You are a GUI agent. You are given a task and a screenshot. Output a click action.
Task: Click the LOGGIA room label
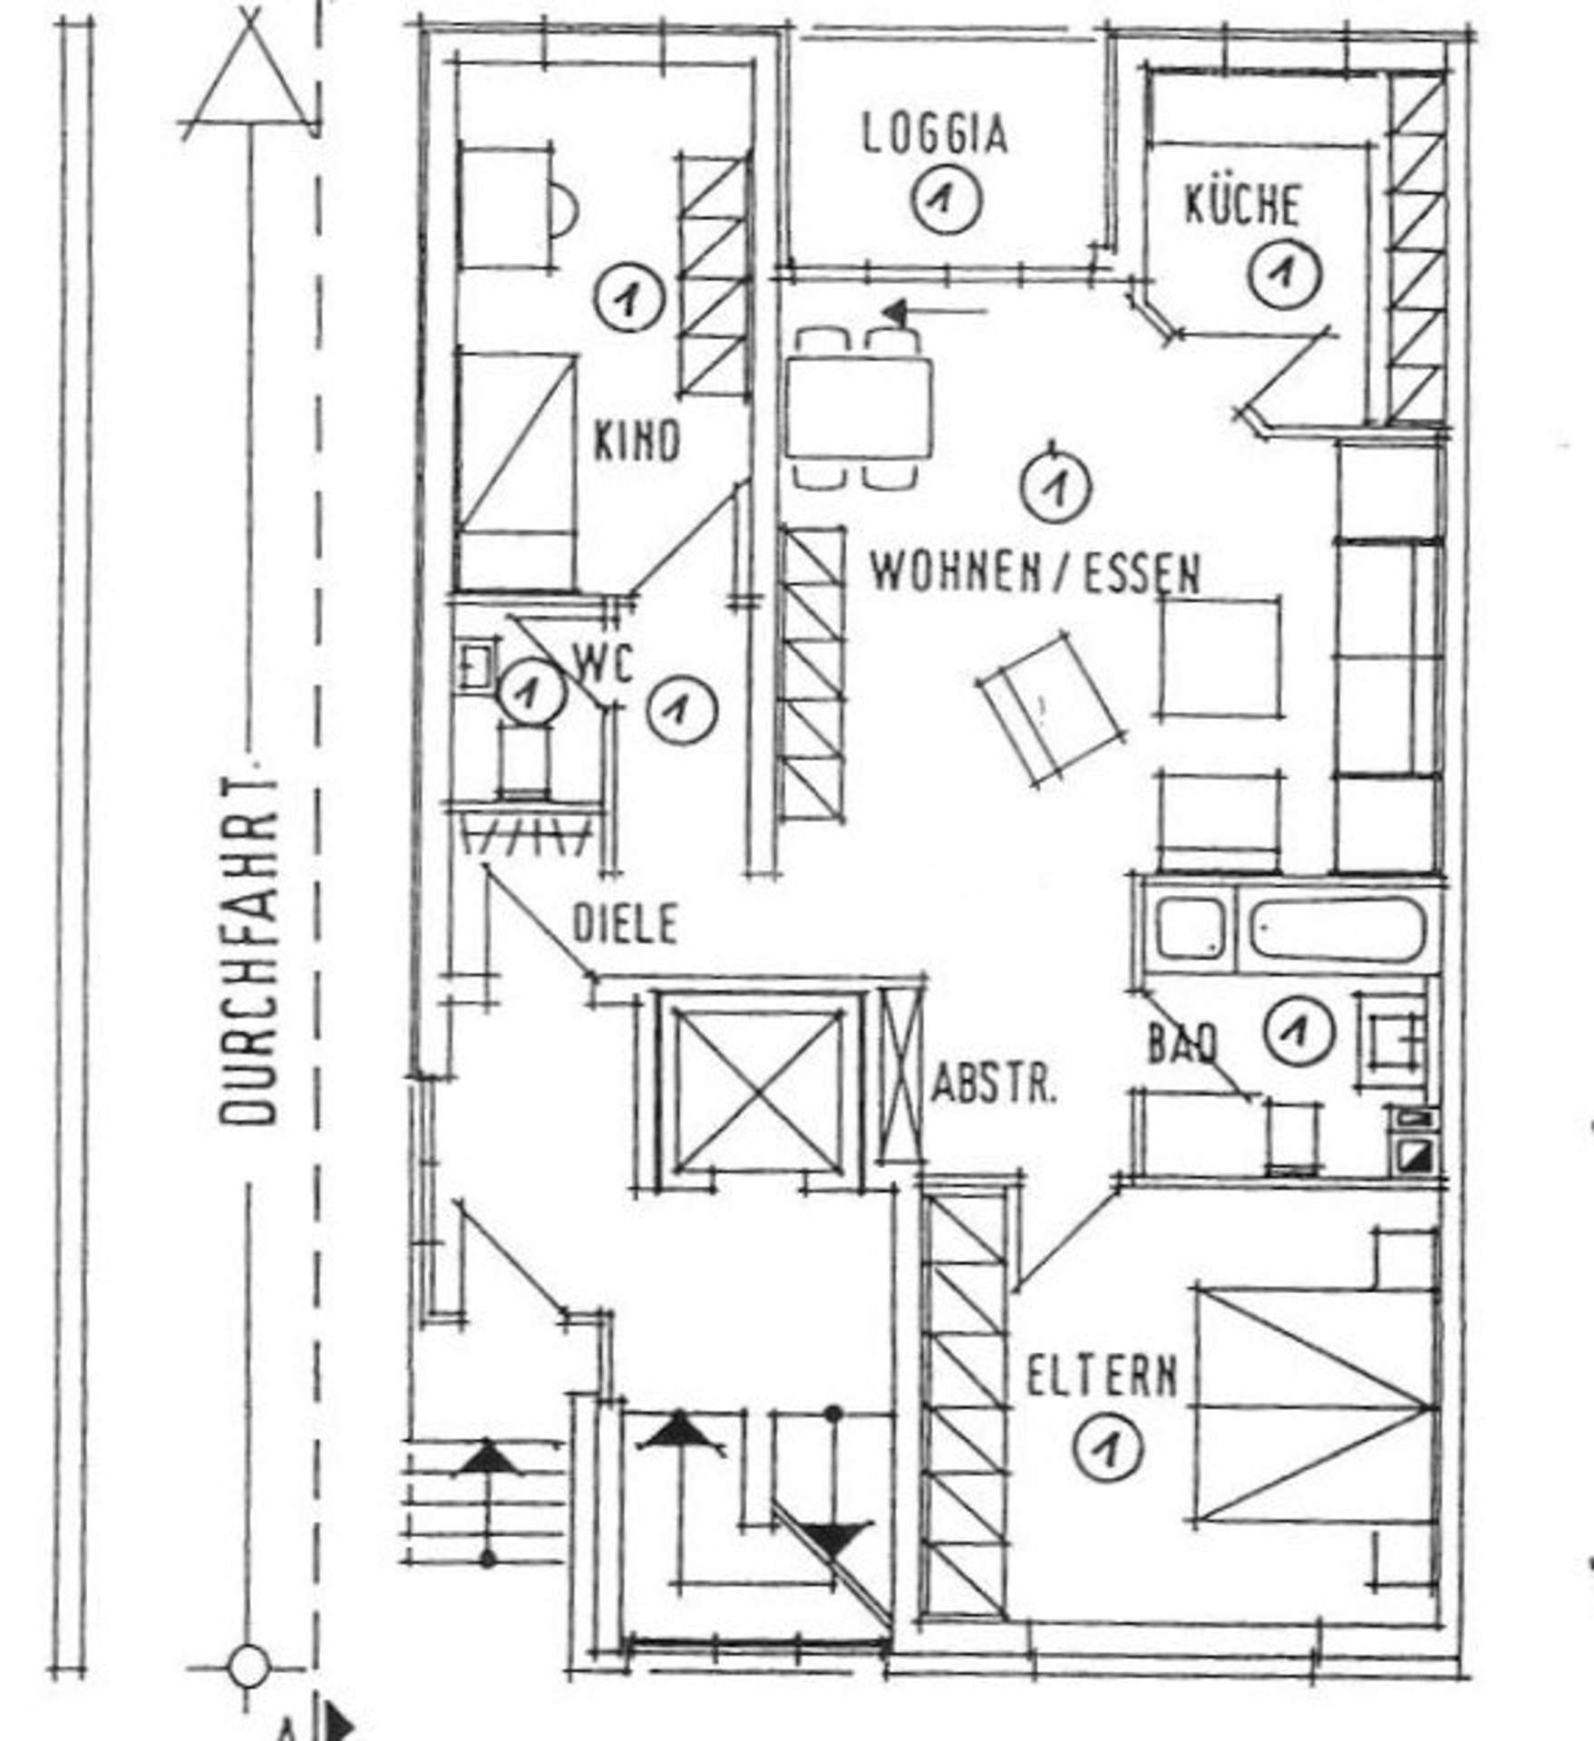click(934, 135)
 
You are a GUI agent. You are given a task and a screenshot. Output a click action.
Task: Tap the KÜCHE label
click(1242, 205)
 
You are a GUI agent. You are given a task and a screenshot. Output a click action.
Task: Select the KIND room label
click(636, 443)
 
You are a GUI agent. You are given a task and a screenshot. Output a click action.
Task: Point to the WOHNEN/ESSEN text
click(1035, 573)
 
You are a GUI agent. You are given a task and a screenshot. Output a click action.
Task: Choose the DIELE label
click(626, 925)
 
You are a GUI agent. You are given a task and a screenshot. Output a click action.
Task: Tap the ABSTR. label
click(995, 1084)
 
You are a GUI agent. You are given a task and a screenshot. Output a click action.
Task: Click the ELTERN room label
click(1102, 1376)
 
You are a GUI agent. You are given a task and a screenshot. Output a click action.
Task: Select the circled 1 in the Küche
click(1284, 272)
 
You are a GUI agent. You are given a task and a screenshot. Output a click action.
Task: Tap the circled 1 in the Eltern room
click(1107, 1447)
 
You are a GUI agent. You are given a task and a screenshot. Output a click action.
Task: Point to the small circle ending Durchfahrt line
click(248, 1666)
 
